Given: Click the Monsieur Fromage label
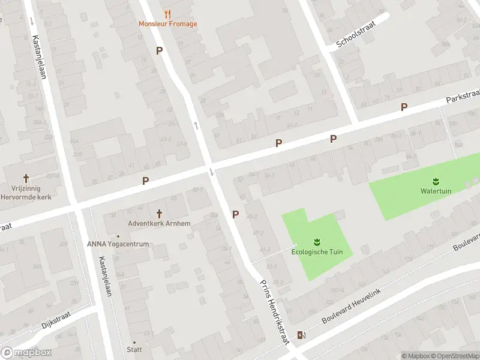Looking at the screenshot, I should tap(167, 24).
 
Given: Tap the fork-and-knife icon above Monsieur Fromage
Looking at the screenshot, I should tap(167, 13).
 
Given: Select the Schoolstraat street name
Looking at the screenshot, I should tap(355, 38).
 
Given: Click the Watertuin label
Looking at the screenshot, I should tap(436, 191).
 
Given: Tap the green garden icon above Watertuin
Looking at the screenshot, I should tap(436, 181).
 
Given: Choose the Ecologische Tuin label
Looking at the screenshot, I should tap(317, 252).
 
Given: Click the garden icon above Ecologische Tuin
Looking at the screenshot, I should tap(317, 242).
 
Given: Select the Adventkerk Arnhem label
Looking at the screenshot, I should tap(159, 224).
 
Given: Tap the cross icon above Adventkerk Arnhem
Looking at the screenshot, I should tap(159, 213).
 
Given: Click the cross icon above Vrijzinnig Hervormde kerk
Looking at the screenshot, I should tap(26, 178).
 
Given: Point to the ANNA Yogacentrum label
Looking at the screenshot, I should tap(118, 244).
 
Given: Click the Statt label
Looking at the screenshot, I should tap(134, 350).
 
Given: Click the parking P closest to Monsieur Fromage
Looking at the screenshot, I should tap(159, 51).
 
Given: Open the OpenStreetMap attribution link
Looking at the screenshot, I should tap(453, 356).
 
